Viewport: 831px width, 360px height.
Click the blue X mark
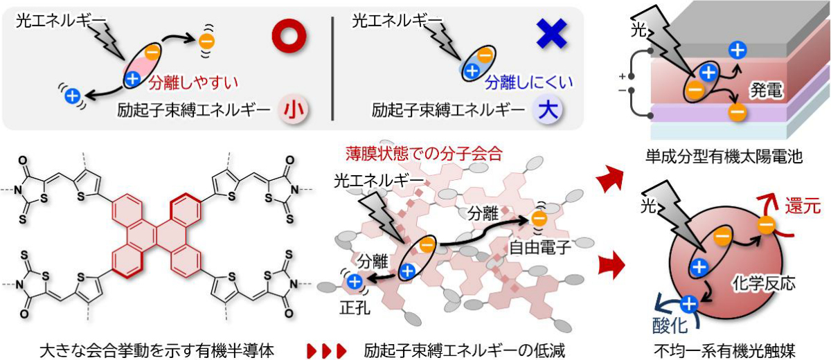[552, 34]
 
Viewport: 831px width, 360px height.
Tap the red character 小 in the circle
[294, 110]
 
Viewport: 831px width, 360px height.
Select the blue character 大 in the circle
[548, 110]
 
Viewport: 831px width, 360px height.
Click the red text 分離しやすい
[194, 82]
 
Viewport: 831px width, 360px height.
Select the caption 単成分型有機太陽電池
[724, 157]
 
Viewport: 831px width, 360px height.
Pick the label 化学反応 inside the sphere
[764, 284]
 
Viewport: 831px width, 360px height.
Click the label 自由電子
[539, 248]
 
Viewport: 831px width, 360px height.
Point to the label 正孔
[355, 307]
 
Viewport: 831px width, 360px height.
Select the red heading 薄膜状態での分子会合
[424, 154]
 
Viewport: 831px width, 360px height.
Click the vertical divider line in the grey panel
[332, 69]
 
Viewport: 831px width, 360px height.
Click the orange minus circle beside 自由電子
[539, 218]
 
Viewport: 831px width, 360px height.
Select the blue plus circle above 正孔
[355, 282]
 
